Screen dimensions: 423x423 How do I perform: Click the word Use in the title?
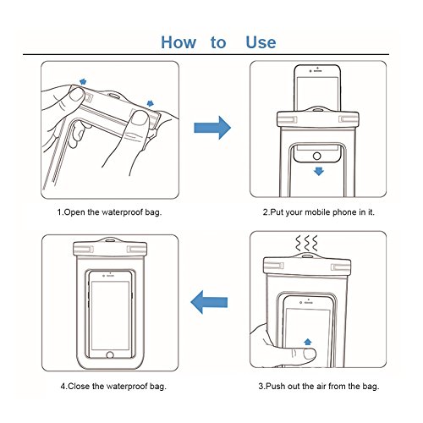[261, 42]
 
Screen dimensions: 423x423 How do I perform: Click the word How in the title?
[179, 42]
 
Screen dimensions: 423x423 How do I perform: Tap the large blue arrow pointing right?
[212, 128]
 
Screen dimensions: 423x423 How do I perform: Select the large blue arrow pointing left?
[209, 302]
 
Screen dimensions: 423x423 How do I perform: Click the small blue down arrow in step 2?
[319, 171]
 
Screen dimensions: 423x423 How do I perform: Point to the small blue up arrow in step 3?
[308, 342]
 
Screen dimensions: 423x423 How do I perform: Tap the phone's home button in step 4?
[110, 354]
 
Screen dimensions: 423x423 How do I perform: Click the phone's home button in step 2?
[317, 156]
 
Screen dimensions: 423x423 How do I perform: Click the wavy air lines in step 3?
[306, 243]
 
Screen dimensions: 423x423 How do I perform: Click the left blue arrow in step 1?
[83, 82]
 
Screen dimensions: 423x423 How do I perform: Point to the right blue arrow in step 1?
[151, 103]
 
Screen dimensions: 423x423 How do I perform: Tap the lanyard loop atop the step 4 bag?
[110, 240]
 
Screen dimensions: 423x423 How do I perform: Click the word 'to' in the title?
[218, 43]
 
